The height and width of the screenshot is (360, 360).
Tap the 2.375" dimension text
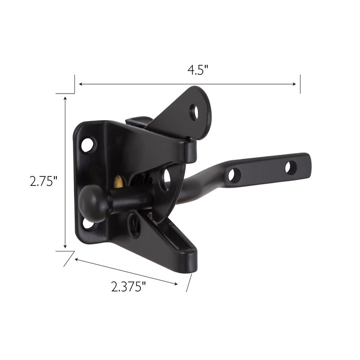point(129,286)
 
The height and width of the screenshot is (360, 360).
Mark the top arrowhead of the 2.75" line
point(66,98)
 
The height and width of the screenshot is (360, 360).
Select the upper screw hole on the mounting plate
point(87,144)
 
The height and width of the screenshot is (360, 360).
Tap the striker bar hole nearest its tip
point(291,167)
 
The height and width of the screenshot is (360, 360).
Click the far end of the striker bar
point(308,163)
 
